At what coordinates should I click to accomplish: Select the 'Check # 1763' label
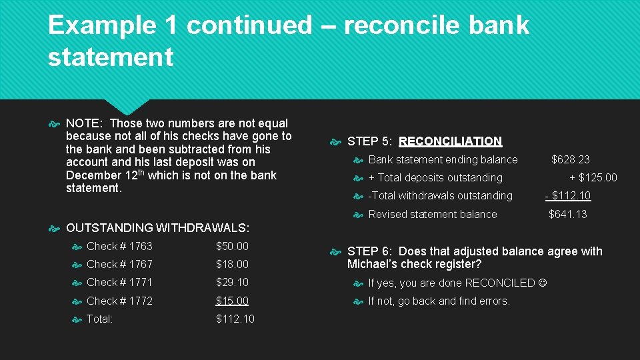click(x=119, y=246)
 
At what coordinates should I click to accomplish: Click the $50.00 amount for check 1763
click(x=232, y=246)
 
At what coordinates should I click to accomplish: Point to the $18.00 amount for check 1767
click(x=232, y=265)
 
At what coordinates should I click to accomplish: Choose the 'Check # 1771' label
click(x=119, y=283)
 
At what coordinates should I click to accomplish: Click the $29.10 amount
click(x=232, y=283)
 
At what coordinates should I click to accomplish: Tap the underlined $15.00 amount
click(x=232, y=301)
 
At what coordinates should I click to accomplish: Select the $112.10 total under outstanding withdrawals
click(x=235, y=319)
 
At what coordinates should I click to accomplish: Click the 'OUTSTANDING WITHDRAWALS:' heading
click(x=157, y=229)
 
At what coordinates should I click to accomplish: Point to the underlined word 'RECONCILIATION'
click(x=450, y=141)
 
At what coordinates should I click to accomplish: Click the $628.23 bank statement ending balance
click(x=570, y=159)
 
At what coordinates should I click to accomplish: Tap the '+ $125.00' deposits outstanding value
click(x=593, y=178)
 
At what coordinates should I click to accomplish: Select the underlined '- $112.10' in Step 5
click(x=567, y=196)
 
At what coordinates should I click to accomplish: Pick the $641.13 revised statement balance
click(x=567, y=215)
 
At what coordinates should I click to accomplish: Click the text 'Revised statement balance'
click(x=432, y=215)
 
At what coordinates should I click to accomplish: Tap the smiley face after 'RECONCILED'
click(x=542, y=283)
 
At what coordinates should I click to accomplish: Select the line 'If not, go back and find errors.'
click(x=439, y=301)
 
